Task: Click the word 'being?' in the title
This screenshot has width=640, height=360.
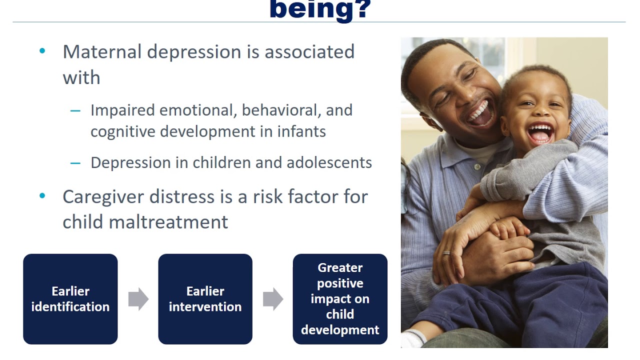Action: (320, 9)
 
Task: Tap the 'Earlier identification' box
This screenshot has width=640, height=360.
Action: (70, 299)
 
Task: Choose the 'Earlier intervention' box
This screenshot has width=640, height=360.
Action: (205, 299)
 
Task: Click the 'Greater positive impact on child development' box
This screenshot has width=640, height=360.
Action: (340, 299)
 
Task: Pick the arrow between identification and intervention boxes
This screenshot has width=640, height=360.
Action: (138, 299)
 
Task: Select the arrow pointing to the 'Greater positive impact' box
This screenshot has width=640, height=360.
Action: (272, 299)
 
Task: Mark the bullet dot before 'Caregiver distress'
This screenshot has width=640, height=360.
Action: (42, 196)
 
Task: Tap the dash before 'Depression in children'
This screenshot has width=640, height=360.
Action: (75, 163)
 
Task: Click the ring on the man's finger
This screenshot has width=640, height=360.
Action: (446, 253)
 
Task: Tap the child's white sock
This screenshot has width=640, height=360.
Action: (412, 340)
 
